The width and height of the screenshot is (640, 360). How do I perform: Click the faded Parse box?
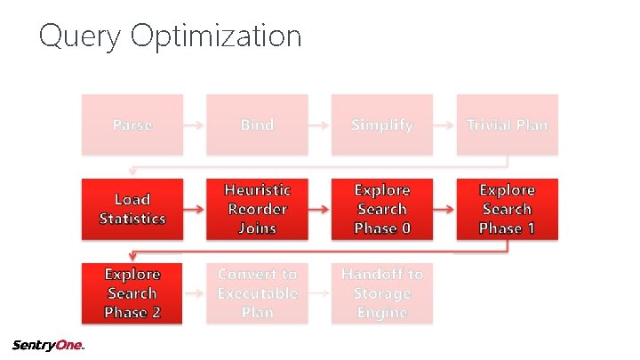[132, 124]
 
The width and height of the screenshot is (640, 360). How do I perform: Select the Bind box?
[257, 124]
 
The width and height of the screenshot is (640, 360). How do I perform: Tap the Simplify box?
[382, 124]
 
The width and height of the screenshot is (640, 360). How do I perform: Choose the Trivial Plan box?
[508, 124]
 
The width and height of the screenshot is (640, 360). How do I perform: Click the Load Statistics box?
[132, 209]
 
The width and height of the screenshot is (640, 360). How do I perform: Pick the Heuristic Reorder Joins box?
[257, 209]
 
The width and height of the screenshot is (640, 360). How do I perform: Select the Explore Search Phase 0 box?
[382, 209]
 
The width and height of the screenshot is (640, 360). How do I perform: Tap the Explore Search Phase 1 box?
[508, 209]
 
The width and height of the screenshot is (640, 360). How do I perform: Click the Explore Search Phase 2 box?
[132, 292]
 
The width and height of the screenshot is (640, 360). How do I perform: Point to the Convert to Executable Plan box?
[257, 292]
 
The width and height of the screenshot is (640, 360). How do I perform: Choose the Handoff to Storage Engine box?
[382, 292]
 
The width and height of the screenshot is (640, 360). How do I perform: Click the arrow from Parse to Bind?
[194, 125]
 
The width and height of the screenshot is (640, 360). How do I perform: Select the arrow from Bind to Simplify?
[319, 125]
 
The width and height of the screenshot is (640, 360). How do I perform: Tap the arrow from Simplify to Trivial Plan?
[444, 125]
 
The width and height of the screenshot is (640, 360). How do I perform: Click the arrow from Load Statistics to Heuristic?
[194, 210]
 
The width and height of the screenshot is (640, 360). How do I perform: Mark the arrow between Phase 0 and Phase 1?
[444, 210]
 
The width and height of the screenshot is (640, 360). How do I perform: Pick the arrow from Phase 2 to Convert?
[194, 293]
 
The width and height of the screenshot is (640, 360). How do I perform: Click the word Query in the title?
[81, 37]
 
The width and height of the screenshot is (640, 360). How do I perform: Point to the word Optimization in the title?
[216, 37]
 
